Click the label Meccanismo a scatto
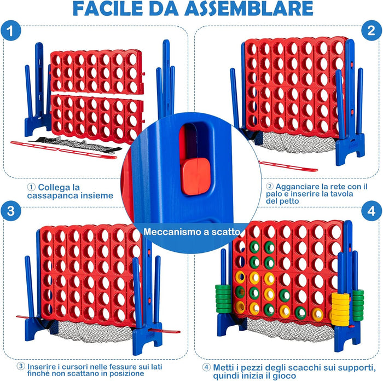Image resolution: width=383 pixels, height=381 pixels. coord(191,232)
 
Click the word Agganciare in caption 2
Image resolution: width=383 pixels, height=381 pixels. coord(298,186)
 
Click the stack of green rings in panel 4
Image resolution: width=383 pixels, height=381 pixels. coord(224,299)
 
